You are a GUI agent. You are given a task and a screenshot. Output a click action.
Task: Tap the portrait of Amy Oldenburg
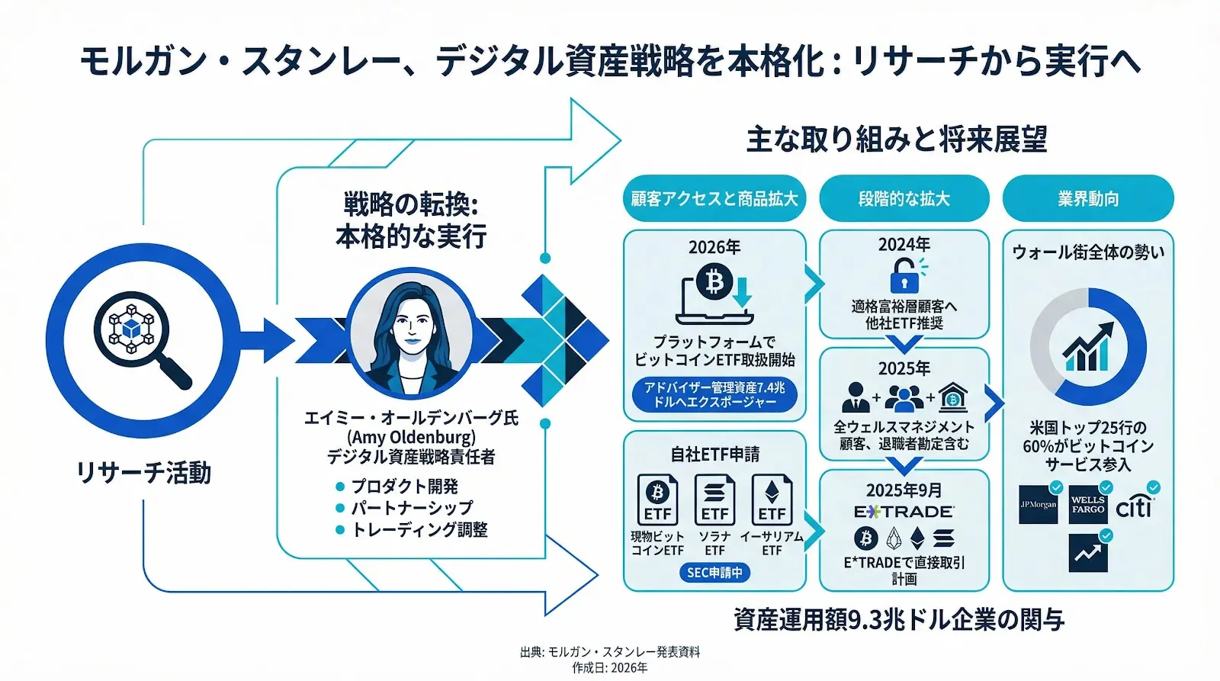point(411,331)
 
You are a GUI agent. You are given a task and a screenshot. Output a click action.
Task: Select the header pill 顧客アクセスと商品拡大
point(714,199)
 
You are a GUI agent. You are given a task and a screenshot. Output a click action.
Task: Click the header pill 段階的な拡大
point(904,199)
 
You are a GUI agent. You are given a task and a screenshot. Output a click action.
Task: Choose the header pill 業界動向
point(1087,199)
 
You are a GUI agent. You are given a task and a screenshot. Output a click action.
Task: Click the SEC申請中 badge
point(714,572)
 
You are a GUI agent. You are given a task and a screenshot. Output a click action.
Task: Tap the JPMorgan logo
point(1039,505)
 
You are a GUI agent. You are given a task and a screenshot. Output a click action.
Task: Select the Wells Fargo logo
point(1087,505)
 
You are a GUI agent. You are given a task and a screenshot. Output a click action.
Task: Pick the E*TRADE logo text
point(904,512)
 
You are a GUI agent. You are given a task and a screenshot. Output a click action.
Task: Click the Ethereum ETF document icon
point(772,500)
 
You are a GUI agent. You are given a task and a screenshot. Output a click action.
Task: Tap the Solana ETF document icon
point(714,500)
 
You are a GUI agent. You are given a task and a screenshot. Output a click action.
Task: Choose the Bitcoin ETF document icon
point(657,500)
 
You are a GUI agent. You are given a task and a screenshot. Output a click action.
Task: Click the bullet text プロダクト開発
point(404,487)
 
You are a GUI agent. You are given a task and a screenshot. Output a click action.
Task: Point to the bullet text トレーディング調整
point(419,529)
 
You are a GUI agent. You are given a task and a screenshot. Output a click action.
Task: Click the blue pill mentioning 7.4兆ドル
point(714,394)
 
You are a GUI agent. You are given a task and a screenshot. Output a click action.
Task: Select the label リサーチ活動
point(143,473)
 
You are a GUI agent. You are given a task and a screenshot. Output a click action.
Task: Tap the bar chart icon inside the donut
point(1087,348)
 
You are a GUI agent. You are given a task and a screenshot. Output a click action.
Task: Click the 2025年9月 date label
point(904,490)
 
